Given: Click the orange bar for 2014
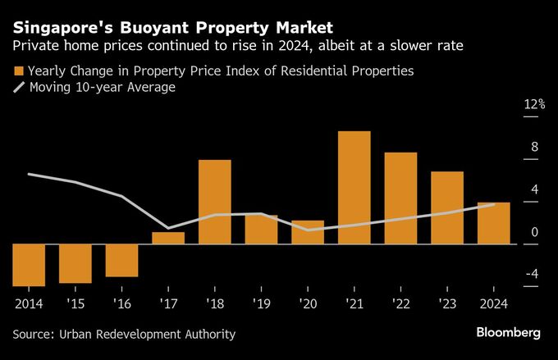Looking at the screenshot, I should [x=29, y=265].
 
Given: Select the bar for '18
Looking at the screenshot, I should [x=215, y=202].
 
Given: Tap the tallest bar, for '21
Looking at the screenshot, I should [x=354, y=187].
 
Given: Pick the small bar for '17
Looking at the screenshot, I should [x=168, y=238].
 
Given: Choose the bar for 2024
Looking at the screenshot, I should [x=493, y=223].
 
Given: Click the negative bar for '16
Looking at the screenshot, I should [x=121, y=260].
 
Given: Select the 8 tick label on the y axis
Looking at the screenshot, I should [x=534, y=147].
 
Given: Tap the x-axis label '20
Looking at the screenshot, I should [x=308, y=303].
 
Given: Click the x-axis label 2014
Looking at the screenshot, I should [x=29, y=303].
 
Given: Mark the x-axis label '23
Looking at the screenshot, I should [x=446, y=303].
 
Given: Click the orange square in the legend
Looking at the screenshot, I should [x=19, y=71].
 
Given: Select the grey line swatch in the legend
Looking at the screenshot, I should [x=19, y=87].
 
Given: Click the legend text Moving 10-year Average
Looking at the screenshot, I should [x=102, y=87].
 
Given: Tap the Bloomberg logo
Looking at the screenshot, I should [x=508, y=333].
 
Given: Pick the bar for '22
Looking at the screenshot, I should [x=400, y=198].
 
